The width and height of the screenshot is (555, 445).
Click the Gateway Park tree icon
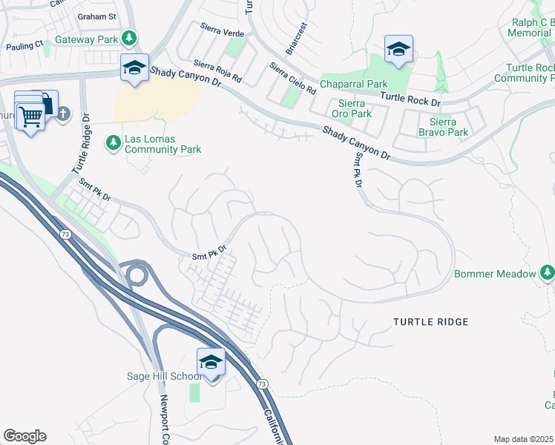point(130,38)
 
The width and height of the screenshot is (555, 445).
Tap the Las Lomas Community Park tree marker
point(113,141)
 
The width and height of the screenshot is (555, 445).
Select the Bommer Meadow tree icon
point(548,274)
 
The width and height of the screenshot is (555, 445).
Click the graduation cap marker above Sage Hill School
point(211,363)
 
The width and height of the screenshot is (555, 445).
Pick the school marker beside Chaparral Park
point(398,50)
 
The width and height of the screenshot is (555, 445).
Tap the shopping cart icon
point(30,116)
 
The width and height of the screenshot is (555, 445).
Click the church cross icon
point(63,113)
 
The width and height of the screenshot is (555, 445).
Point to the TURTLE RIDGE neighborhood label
point(431,322)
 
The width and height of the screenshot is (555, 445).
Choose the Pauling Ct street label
point(24,46)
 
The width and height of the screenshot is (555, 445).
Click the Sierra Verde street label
point(222,29)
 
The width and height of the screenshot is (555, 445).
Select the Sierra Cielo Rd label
point(292,78)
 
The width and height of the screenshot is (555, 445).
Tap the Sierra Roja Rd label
point(218,72)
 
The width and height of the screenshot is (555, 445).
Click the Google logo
point(24,436)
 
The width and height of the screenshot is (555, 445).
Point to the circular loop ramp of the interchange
point(136,275)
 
